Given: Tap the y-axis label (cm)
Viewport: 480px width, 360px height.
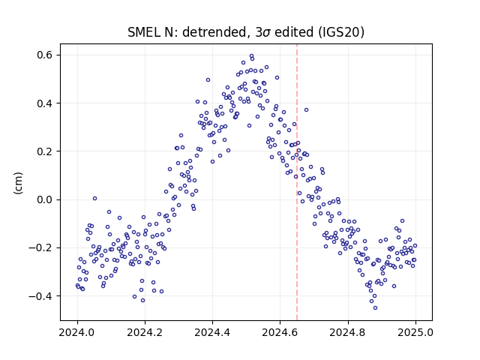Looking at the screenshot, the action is click(x=18, y=183).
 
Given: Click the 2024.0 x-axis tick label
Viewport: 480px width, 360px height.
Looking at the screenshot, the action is click(x=77, y=332).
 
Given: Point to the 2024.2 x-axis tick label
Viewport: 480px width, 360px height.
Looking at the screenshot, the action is click(x=145, y=332).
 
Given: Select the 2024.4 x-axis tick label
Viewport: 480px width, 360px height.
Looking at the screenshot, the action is click(x=212, y=332).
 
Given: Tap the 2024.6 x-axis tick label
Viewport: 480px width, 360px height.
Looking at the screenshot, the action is click(x=280, y=332).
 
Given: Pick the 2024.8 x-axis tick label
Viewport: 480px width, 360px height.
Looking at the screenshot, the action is click(x=348, y=332).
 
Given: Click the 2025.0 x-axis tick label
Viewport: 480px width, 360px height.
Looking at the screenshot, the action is click(x=415, y=332).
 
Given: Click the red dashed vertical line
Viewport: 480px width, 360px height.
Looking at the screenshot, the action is click(x=297, y=182).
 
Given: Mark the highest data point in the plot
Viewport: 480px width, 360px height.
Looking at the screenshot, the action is click(x=252, y=56).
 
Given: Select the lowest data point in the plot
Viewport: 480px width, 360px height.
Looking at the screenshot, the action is click(x=375, y=307).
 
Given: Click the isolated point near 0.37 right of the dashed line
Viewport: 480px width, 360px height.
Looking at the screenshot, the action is click(x=306, y=109).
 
